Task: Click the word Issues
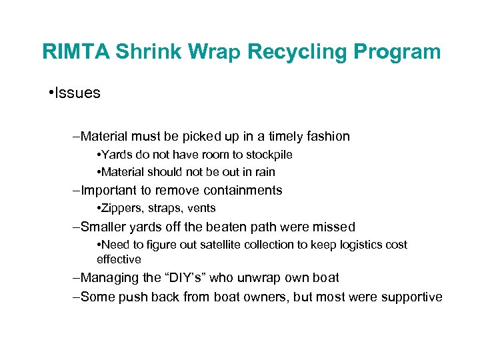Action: click(77, 93)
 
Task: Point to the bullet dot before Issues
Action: click(52, 93)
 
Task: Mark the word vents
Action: click(201, 209)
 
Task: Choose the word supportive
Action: click(411, 297)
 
